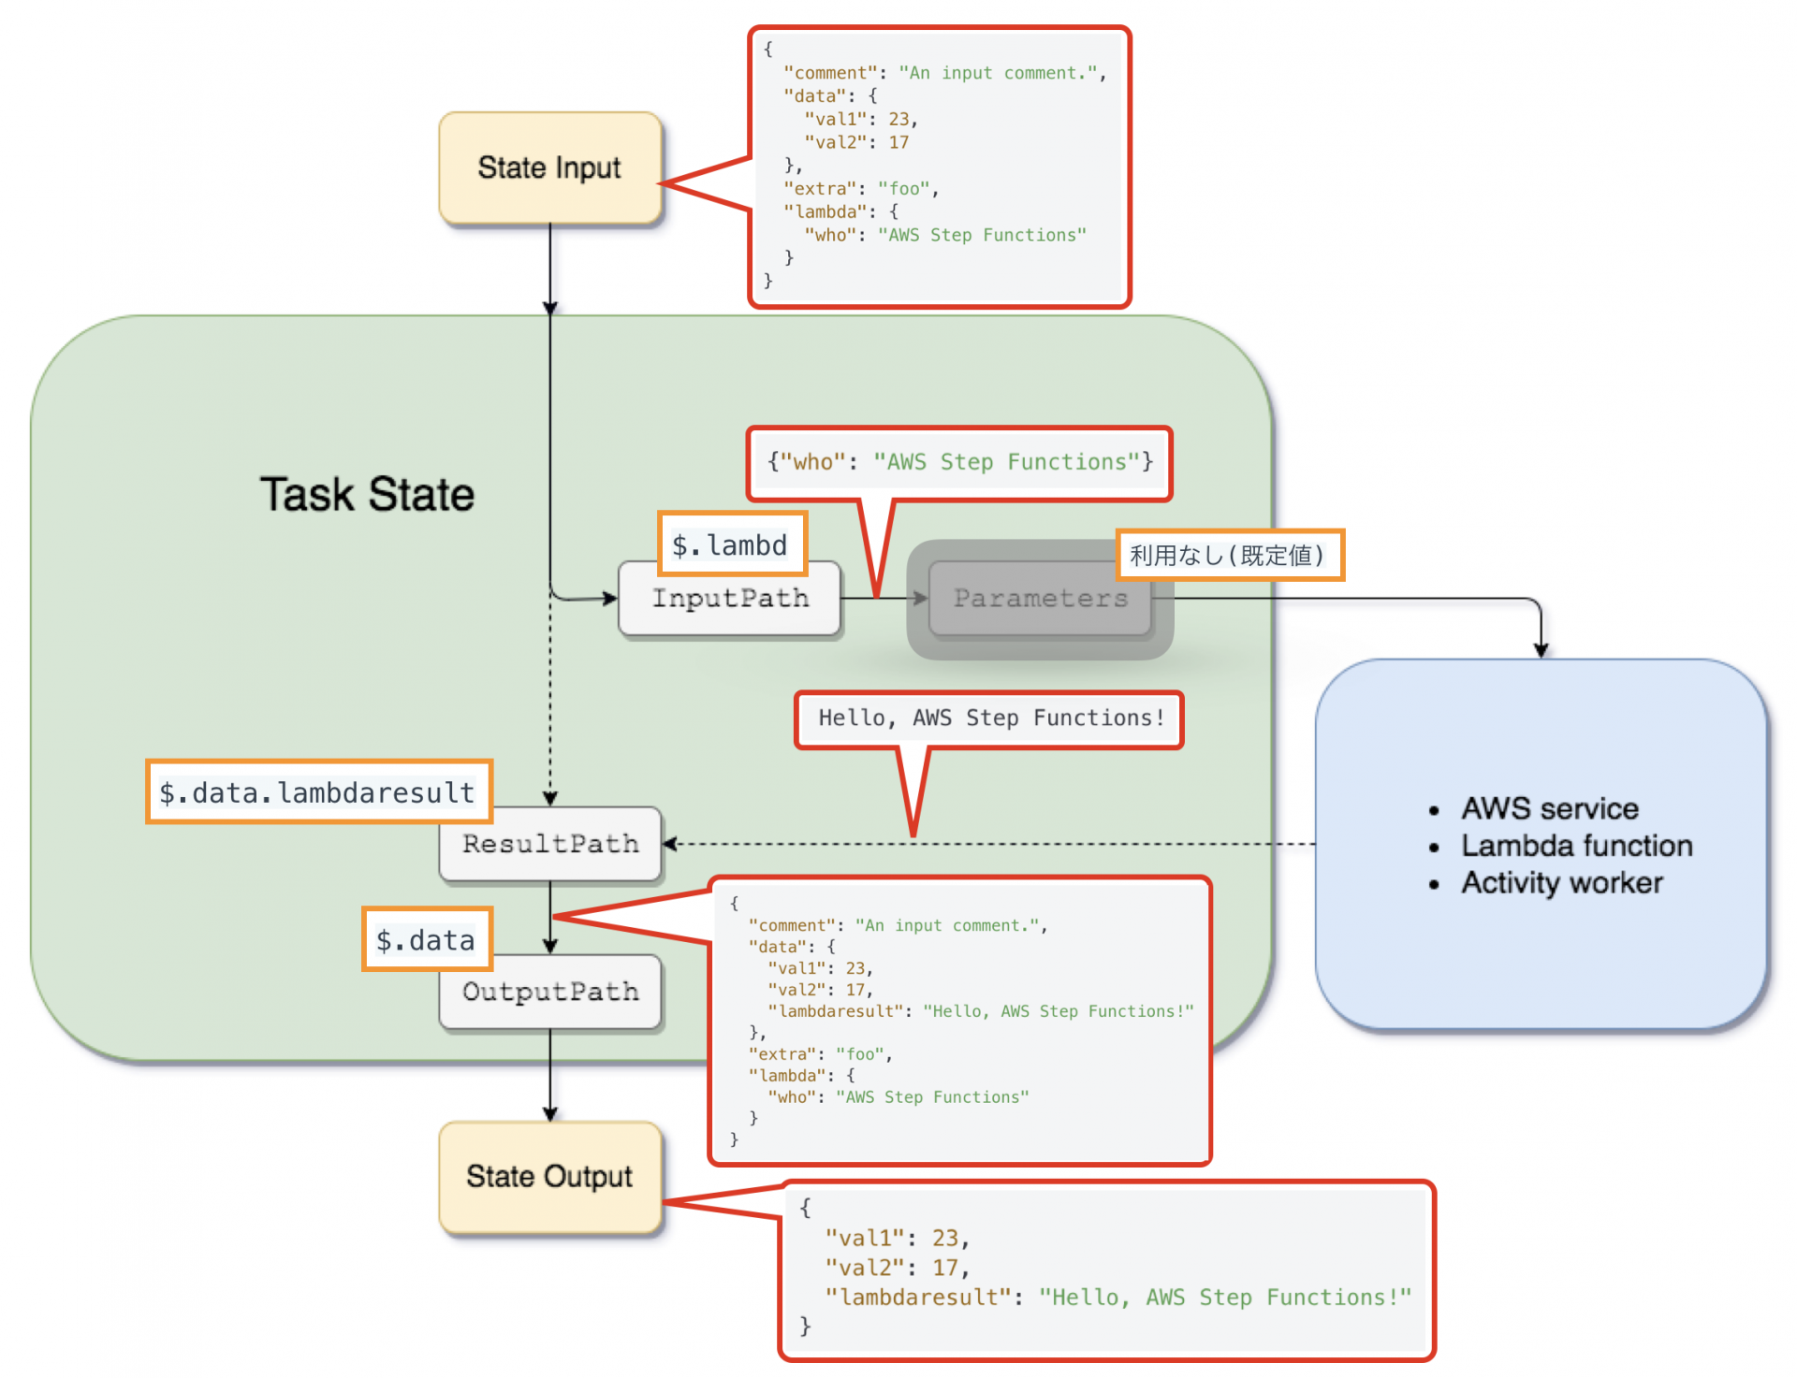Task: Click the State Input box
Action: click(549, 167)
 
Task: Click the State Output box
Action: click(549, 1176)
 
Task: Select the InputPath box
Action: click(729, 599)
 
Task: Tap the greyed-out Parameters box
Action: click(1040, 599)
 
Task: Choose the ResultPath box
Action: click(549, 844)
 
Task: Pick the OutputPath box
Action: click(549, 992)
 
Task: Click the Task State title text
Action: click(367, 494)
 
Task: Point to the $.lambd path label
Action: click(730, 544)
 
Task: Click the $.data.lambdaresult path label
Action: click(318, 792)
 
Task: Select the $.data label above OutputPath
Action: click(426, 939)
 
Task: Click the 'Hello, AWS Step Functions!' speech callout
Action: click(990, 718)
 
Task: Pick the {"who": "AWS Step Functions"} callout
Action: click(959, 462)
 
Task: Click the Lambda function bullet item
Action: click(1576, 846)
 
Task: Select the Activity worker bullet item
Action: click(1561, 882)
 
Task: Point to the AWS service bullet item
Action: click(1549, 808)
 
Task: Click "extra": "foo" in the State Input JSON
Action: click(859, 189)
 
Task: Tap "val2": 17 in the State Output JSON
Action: click(896, 1268)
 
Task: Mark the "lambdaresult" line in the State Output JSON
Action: click(1117, 1298)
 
